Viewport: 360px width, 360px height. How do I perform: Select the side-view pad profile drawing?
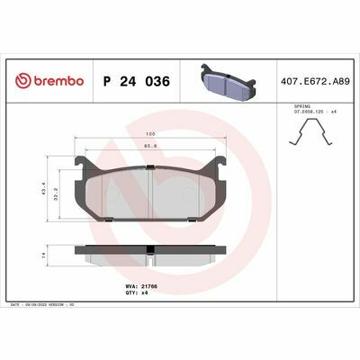click(x=150, y=257)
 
